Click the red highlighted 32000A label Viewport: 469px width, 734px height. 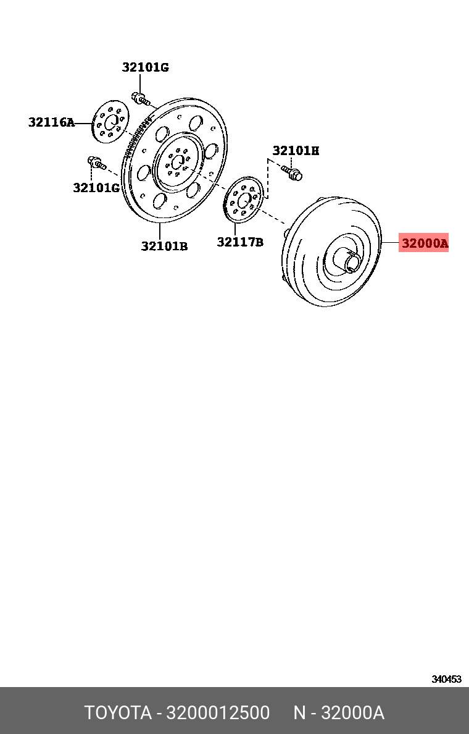pos(424,243)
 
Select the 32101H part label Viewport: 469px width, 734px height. pos(296,150)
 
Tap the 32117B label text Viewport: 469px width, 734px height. pos(239,242)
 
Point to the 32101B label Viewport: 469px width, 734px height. pos(164,246)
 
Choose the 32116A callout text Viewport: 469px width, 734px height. pos(51,122)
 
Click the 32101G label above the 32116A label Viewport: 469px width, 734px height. pos(145,67)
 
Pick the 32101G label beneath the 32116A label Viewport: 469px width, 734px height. pos(96,187)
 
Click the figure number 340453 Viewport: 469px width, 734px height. pos(446,678)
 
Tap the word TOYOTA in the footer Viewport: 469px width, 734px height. pos(118,713)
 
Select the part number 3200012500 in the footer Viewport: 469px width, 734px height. pos(218,713)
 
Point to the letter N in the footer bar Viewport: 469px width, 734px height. pos(299,713)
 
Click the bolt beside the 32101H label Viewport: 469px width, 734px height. pos(293,173)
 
